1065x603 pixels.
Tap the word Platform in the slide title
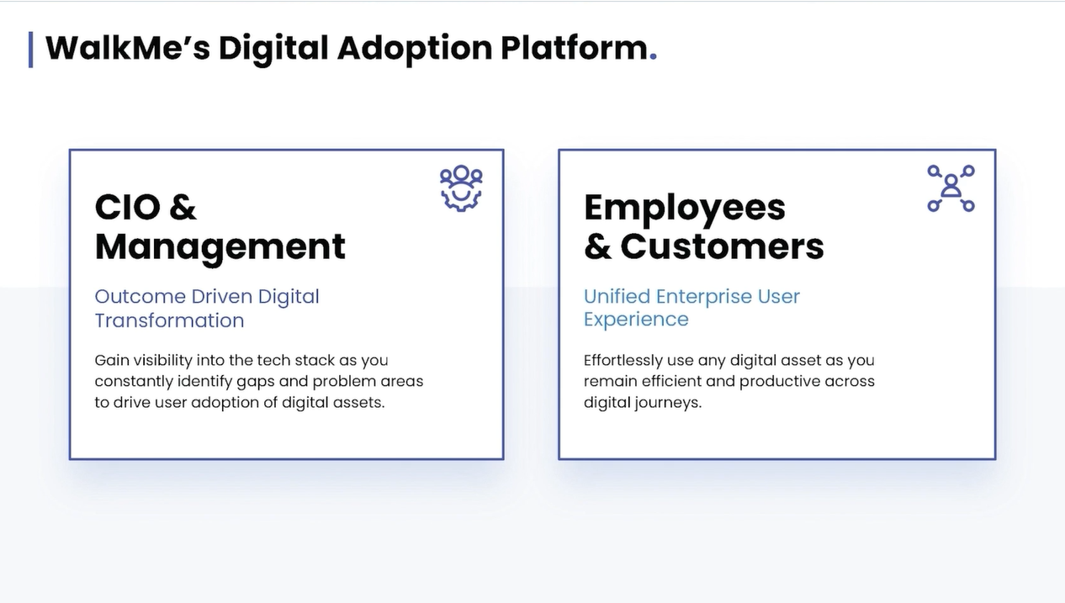click(573, 48)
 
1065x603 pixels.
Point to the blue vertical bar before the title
click(31, 49)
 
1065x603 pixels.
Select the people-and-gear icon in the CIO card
click(461, 188)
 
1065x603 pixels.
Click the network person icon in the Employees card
click(951, 188)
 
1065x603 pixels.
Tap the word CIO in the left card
click(127, 207)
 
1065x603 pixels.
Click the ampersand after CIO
click(183, 207)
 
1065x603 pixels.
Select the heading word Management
click(220, 246)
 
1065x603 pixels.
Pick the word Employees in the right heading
click(684, 208)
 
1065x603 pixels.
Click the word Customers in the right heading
click(722, 246)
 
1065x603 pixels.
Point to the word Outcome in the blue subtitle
click(140, 296)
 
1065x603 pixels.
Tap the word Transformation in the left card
click(169, 320)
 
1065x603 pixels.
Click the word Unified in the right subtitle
click(617, 296)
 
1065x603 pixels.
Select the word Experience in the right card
click(636, 320)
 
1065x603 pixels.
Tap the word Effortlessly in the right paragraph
click(623, 361)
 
